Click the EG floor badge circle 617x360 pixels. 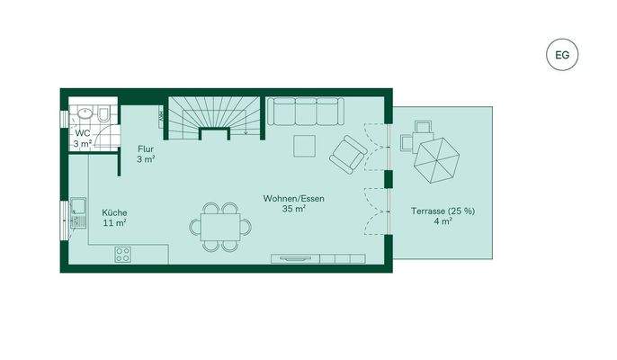(x=563, y=55)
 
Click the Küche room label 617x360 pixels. (x=113, y=212)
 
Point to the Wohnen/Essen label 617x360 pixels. (x=293, y=197)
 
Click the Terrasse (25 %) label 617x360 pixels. (x=443, y=209)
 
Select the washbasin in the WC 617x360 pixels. (x=83, y=114)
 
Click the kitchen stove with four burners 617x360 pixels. (x=122, y=255)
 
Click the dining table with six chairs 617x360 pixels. (x=220, y=226)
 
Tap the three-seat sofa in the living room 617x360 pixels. (x=306, y=112)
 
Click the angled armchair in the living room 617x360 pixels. (x=347, y=154)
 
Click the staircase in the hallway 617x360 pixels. (x=213, y=117)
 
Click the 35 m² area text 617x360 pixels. (x=293, y=208)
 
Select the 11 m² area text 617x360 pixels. (x=113, y=222)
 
